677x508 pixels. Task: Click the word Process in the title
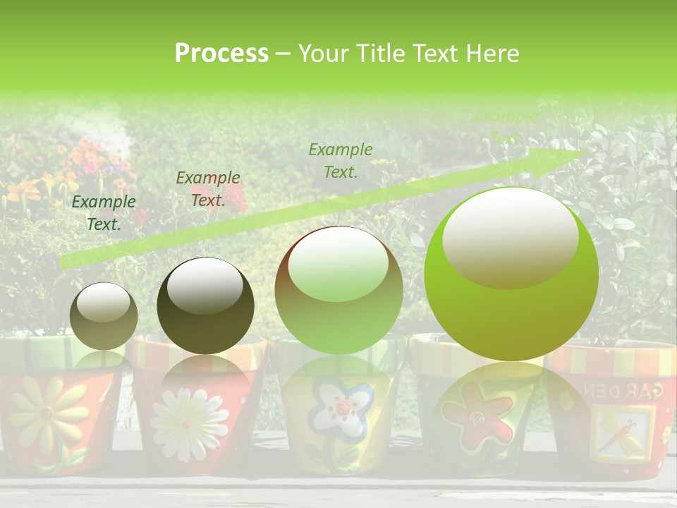point(221,54)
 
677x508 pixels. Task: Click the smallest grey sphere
point(104,315)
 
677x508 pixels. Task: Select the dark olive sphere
point(205,306)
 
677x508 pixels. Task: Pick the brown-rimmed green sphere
point(338,290)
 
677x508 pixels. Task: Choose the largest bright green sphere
point(511,274)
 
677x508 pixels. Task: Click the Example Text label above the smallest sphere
point(104,212)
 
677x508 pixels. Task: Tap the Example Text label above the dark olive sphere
point(207,188)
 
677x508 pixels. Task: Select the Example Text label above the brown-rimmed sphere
point(341,160)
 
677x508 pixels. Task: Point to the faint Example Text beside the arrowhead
point(506,126)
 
